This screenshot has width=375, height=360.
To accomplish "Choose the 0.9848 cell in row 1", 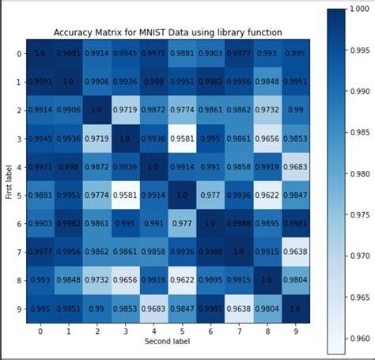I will tap(268, 81).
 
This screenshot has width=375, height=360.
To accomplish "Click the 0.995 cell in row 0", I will tap(297, 53).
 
